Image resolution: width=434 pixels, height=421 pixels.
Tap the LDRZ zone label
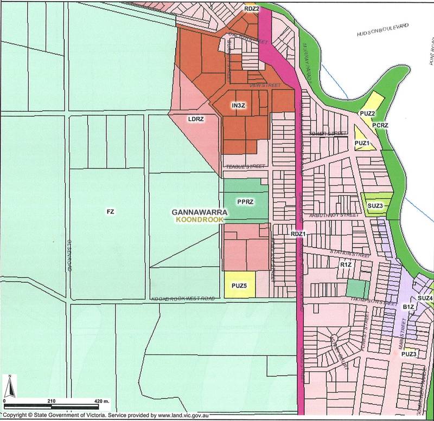[x=195, y=119]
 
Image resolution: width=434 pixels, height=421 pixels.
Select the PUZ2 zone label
[x=367, y=113]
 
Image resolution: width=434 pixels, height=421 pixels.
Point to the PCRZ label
[x=381, y=125]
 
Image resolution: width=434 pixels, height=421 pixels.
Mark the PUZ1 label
[x=362, y=143]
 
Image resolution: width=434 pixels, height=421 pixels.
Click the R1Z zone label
[x=347, y=265]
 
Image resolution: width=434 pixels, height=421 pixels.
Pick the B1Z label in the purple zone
[x=409, y=307]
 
